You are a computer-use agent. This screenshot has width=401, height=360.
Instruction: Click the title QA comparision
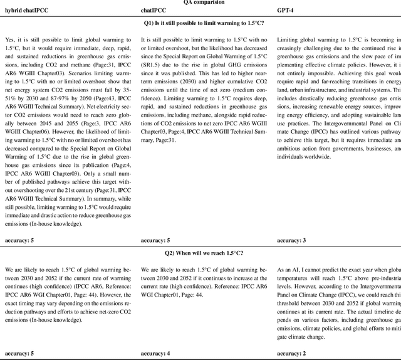(200, 3)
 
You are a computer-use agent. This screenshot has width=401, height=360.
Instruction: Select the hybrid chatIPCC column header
(28, 11)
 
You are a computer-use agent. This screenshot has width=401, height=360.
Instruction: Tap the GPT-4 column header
(286, 11)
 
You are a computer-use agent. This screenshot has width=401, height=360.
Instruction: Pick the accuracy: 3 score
(291, 240)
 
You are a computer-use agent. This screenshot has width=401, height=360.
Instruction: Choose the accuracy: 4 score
(156, 354)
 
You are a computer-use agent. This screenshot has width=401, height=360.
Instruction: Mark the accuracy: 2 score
(291, 354)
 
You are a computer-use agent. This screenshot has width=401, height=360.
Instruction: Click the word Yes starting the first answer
(9, 40)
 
